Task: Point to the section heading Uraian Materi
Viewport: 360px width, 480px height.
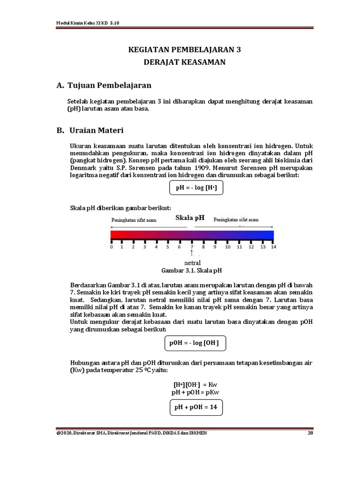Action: (x=96, y=130)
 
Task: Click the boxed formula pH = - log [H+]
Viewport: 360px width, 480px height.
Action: (x=196, y=188)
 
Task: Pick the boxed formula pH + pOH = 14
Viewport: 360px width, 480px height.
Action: (x=196, y=407)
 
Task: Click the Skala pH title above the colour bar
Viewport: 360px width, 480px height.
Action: (x=190, y=218)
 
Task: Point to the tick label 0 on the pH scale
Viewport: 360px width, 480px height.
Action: (x=111, y=247)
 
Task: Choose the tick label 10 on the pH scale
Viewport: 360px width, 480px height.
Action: (x=227, y=247)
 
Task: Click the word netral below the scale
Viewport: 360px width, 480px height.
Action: (x=192, y=262)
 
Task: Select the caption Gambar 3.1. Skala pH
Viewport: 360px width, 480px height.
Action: (x=191, y=270)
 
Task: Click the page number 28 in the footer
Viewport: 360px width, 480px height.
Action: (x=310, y=433)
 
